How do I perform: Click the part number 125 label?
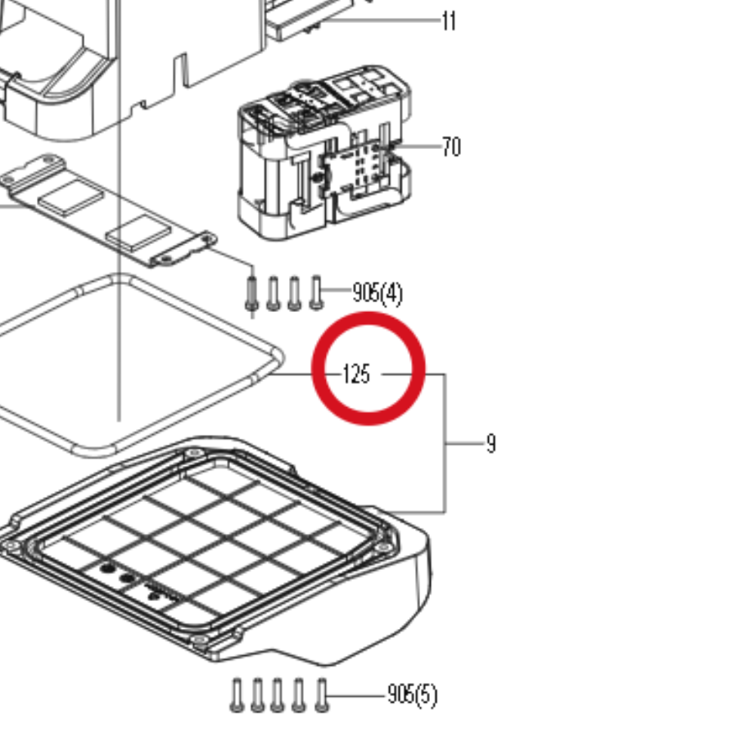357,374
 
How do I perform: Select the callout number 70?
451,147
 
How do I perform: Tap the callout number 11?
449,21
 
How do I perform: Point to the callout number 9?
491,443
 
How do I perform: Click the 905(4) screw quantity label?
378,293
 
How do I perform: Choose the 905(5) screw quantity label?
412,694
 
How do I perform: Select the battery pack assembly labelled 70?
324,153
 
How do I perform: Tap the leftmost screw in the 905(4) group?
252,294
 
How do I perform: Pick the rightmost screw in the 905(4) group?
316,292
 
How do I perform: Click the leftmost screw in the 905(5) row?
237,694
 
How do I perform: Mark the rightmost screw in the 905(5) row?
322,694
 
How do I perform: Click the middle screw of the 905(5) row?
278,694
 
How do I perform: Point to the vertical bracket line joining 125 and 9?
445,443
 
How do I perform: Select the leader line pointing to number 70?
415,147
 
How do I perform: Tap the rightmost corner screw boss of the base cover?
383,548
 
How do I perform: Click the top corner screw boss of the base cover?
194,453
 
